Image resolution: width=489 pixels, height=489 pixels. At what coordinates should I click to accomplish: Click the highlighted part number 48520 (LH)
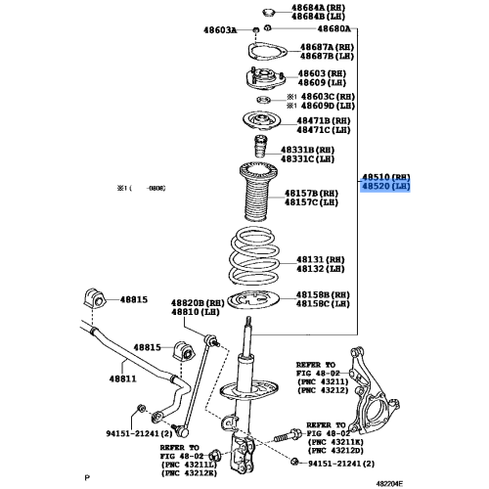[388, 184]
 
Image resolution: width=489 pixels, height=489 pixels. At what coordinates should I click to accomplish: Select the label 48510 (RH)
[388, 173]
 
